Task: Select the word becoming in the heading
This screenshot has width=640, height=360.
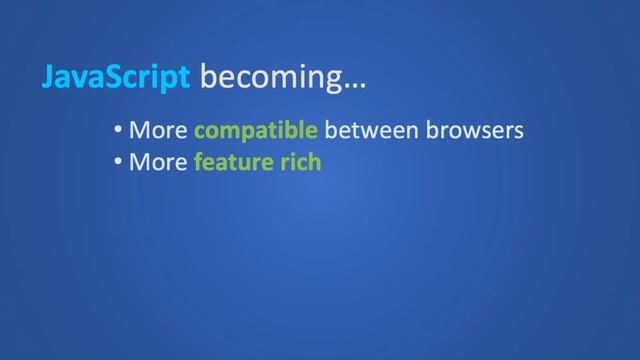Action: [x=271, y=78]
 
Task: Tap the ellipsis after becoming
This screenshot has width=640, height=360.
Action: [x=355, y=83]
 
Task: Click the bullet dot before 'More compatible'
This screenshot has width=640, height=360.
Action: [x=119, y=130]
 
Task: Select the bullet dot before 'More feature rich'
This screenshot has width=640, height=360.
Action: [x=119, y=161]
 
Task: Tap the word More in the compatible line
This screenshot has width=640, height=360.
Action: [x=158, y=130]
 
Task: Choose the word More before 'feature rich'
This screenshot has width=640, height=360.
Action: [x=158, y=161]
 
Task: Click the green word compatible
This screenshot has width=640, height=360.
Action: [x=256, y=130]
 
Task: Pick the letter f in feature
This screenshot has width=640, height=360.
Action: [x=199, y=160]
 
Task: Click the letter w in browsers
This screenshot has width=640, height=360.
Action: [x=472, y=131]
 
